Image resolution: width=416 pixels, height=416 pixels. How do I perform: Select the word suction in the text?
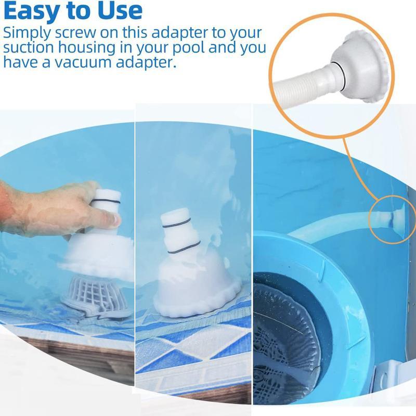tap(31, 48)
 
